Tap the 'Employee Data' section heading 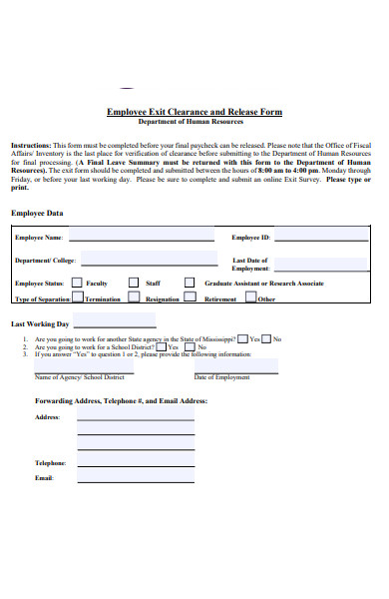pyautogui.click(x=37, y=213)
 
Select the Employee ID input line pyautogui.click(x=318, y=239)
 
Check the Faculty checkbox pyautogui.click(x=78, y=283)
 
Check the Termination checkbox pyautogui.click(x=78, y=298)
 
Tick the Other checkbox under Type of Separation pyautogui.click(x=250, y=298)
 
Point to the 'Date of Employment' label pyautogui.click(x=221, y=377)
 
